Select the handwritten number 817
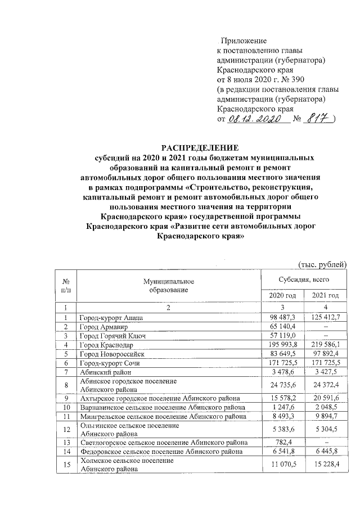pos(319,119)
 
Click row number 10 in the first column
pos(66,406)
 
